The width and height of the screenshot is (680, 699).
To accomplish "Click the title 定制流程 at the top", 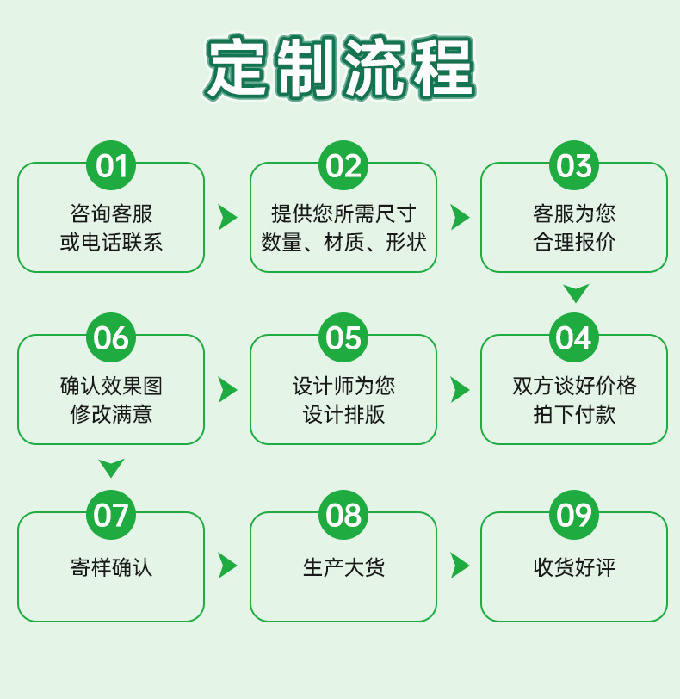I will (340, 67).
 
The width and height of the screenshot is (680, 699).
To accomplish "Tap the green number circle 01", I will (111, 165).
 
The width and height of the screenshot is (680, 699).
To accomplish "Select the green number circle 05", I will (343, 337).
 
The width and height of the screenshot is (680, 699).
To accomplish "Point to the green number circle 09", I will (574, 515).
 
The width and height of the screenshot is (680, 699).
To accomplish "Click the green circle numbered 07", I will (111, 515).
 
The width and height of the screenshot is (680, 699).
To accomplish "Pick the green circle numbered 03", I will (574, 165).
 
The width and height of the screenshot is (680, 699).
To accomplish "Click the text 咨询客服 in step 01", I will (111, 213).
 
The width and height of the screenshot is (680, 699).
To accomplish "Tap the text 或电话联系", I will (111, 242).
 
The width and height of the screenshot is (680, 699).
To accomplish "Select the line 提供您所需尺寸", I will (343, 213).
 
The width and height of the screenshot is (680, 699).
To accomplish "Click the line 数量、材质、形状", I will (343, 242).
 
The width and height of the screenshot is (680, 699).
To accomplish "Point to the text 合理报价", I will (574, 242).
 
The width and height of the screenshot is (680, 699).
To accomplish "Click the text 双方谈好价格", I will (574, 386).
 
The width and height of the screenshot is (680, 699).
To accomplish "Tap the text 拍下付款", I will (574, 414).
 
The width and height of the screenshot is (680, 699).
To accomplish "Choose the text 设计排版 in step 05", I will (343, 414).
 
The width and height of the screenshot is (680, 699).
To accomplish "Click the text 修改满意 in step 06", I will (111, 414).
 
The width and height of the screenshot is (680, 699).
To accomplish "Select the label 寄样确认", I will (111, 567).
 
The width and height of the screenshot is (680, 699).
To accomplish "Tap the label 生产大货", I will (343, 567).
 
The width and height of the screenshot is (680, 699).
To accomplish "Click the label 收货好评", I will (574, 567).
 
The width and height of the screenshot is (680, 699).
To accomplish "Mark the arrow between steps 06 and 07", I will (111, 467).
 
